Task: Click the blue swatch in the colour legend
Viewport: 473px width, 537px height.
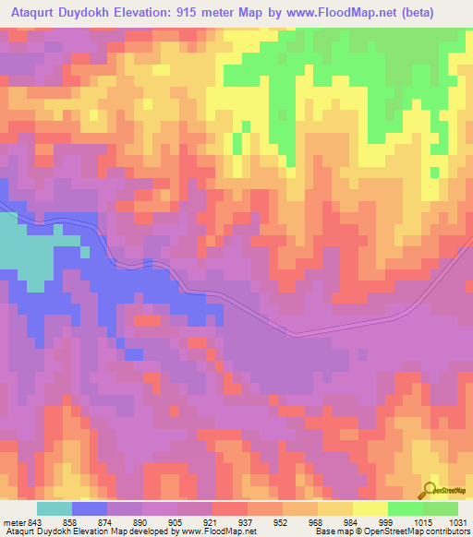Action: coord(90,508)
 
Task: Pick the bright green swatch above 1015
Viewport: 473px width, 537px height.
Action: coord(405,508)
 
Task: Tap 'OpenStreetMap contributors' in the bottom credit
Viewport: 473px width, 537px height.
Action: coord(421,531)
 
